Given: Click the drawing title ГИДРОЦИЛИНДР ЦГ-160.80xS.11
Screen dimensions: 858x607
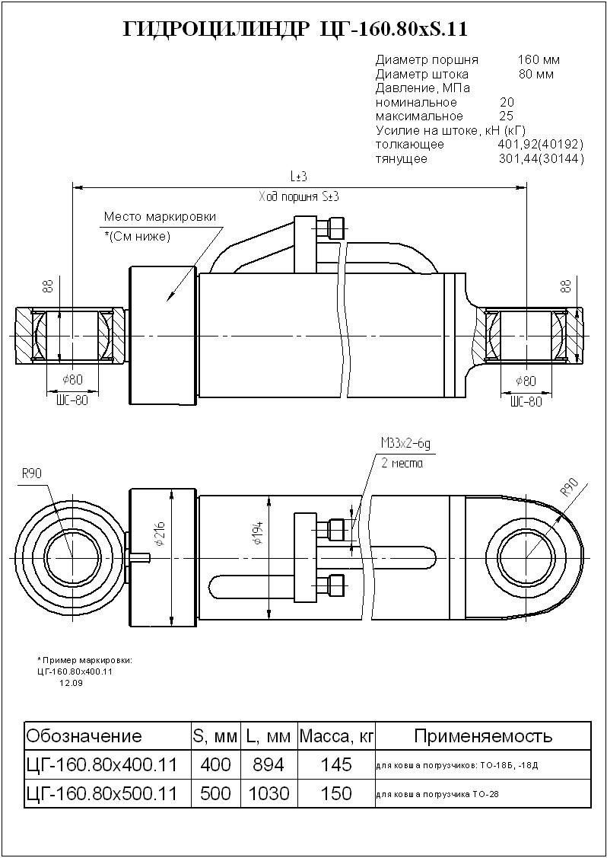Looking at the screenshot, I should click(294, 30).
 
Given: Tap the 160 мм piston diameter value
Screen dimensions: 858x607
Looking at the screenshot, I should click(539, 59).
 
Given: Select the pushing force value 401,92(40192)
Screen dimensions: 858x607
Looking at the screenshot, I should click(540, 145).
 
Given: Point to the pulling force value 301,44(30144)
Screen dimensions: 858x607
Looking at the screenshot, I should click(540, 159).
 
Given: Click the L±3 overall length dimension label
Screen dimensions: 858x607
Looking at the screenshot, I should click(298, 177).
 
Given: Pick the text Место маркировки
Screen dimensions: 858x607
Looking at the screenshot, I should click(160, 217).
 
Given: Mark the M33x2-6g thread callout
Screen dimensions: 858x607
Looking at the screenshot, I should click(411, 444).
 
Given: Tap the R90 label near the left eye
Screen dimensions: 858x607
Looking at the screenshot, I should click(31, 474).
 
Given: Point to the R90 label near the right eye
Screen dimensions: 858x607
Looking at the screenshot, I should click(568, 486).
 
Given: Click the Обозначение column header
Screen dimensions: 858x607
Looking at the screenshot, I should click(84, 736).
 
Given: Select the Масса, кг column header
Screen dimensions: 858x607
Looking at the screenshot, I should click(337, 736).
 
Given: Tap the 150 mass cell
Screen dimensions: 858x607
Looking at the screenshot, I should click(336, 794).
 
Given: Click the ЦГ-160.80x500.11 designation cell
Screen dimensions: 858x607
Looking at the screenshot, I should click(102, 794).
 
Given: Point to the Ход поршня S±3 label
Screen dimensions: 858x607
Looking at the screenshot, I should click(299, 196).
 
